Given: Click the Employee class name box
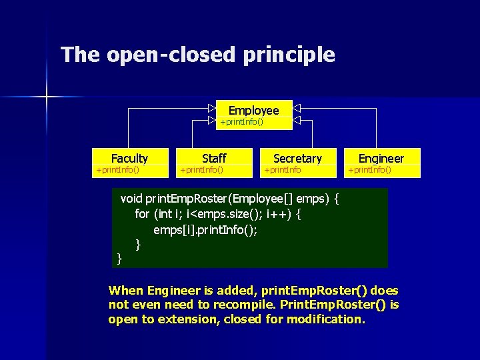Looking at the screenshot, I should [253, 110].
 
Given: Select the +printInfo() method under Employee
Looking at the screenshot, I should [241, 122].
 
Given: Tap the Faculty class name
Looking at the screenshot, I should [129, 158].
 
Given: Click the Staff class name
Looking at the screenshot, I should [214, 158].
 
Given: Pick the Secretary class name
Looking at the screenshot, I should [297, 158].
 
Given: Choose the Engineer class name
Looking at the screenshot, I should [381, 158].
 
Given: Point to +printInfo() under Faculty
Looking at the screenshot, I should [118, 170].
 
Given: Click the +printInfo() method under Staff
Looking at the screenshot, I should [202, 170].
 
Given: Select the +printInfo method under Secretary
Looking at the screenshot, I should [283, 170].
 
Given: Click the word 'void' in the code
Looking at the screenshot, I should [131, 199].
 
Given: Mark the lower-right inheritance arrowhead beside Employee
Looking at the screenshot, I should [297, 121].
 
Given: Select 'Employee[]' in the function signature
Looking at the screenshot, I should [271, 199].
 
